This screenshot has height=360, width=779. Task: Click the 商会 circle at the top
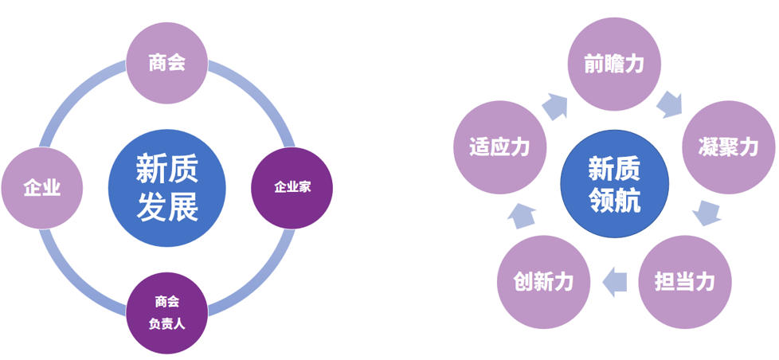(167, 63)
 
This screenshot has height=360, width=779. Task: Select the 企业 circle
(41, 188)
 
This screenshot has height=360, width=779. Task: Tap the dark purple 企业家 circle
(292, 188)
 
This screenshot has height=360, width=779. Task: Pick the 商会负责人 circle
(167, 313)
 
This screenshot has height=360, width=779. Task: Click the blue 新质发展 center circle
(167, 188)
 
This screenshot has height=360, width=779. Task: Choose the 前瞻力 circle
(614, 64)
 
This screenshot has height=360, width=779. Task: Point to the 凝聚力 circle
(728, 147)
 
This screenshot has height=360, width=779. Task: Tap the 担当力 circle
(684, 282)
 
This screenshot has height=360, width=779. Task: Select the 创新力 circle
(543, 282)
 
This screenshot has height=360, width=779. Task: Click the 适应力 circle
(499, 147)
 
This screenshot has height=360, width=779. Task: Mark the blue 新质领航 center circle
(615, 184)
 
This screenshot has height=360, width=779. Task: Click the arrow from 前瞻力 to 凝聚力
(670, 104)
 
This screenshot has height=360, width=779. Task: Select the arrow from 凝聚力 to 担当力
(707, 213)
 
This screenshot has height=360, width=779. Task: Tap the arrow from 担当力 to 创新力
(615, 282)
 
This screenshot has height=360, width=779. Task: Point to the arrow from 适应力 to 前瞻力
(555, 106)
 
